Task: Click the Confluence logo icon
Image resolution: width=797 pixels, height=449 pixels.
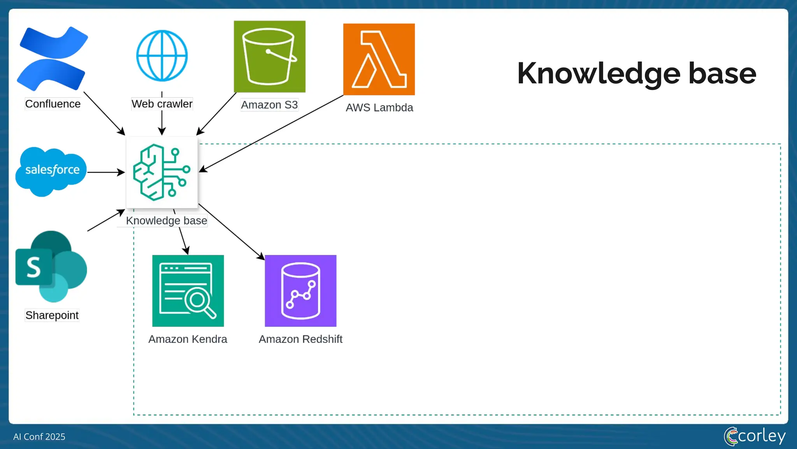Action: [52, 58]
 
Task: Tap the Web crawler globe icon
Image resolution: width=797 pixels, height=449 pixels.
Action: [162, 56]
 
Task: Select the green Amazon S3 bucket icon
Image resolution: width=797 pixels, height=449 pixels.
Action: [269, 57]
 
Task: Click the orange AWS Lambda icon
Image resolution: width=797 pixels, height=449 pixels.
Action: [379, 59]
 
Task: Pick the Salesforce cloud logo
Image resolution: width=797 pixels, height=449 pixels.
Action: [51, 171]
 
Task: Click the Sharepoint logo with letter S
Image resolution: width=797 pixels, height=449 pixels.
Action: [51, 267]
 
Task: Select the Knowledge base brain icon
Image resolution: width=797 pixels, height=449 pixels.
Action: [162, 172]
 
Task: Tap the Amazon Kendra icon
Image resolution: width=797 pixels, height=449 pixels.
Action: [188, 291]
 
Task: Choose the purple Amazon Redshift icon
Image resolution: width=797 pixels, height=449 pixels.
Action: [300, 291]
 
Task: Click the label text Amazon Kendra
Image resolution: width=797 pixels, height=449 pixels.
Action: [188, 339]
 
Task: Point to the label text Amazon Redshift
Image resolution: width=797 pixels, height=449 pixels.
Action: [300, 339]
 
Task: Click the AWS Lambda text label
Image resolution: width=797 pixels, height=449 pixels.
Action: [379, 108]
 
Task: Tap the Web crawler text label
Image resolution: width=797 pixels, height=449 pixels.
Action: [162, 104]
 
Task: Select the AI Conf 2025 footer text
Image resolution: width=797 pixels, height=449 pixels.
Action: [39, 437]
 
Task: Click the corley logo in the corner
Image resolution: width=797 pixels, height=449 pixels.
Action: [755, 436]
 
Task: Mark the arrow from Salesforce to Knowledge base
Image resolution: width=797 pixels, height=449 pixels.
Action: [105, 172]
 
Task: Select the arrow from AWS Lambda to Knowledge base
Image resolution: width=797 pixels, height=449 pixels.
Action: [272, 133]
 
